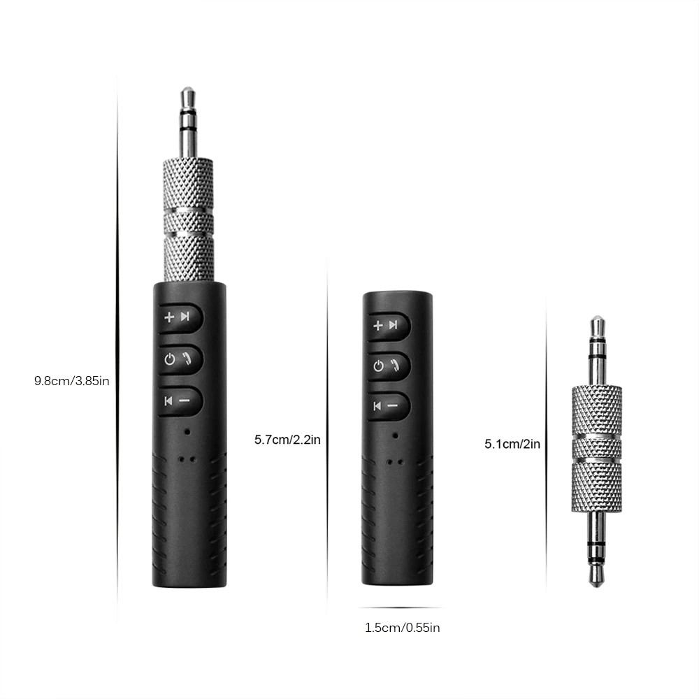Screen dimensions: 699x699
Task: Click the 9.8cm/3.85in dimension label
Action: pyautogui.click(x=72, y=381)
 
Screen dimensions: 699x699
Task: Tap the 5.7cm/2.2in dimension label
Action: pyautogui.click(x=287, y=440)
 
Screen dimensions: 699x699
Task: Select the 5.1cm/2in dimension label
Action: pyautogui.click(x=512, y=443)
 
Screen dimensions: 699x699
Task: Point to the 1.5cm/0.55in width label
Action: pyautogui.click(x=402, y=628)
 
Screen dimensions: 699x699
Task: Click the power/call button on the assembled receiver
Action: pyautogui.click(x=180, y=359)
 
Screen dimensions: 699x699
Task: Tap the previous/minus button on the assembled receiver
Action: pyautogui.click(x=180, y=401)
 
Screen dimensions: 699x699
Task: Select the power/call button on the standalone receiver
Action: pyautogui.click(x=389, y=366)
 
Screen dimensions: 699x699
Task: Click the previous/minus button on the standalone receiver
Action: pyautogui.click(x=389, y=405)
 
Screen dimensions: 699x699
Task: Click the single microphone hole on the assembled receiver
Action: pyautogui.click(x=187, y=431)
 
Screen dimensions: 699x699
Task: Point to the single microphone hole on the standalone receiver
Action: pyautogui.click(x=396, y=435)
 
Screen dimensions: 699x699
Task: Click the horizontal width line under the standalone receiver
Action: pyautogui.click(x=400, y=608)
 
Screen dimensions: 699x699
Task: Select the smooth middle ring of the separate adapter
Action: pyautogui.click(x=596, y=447)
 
